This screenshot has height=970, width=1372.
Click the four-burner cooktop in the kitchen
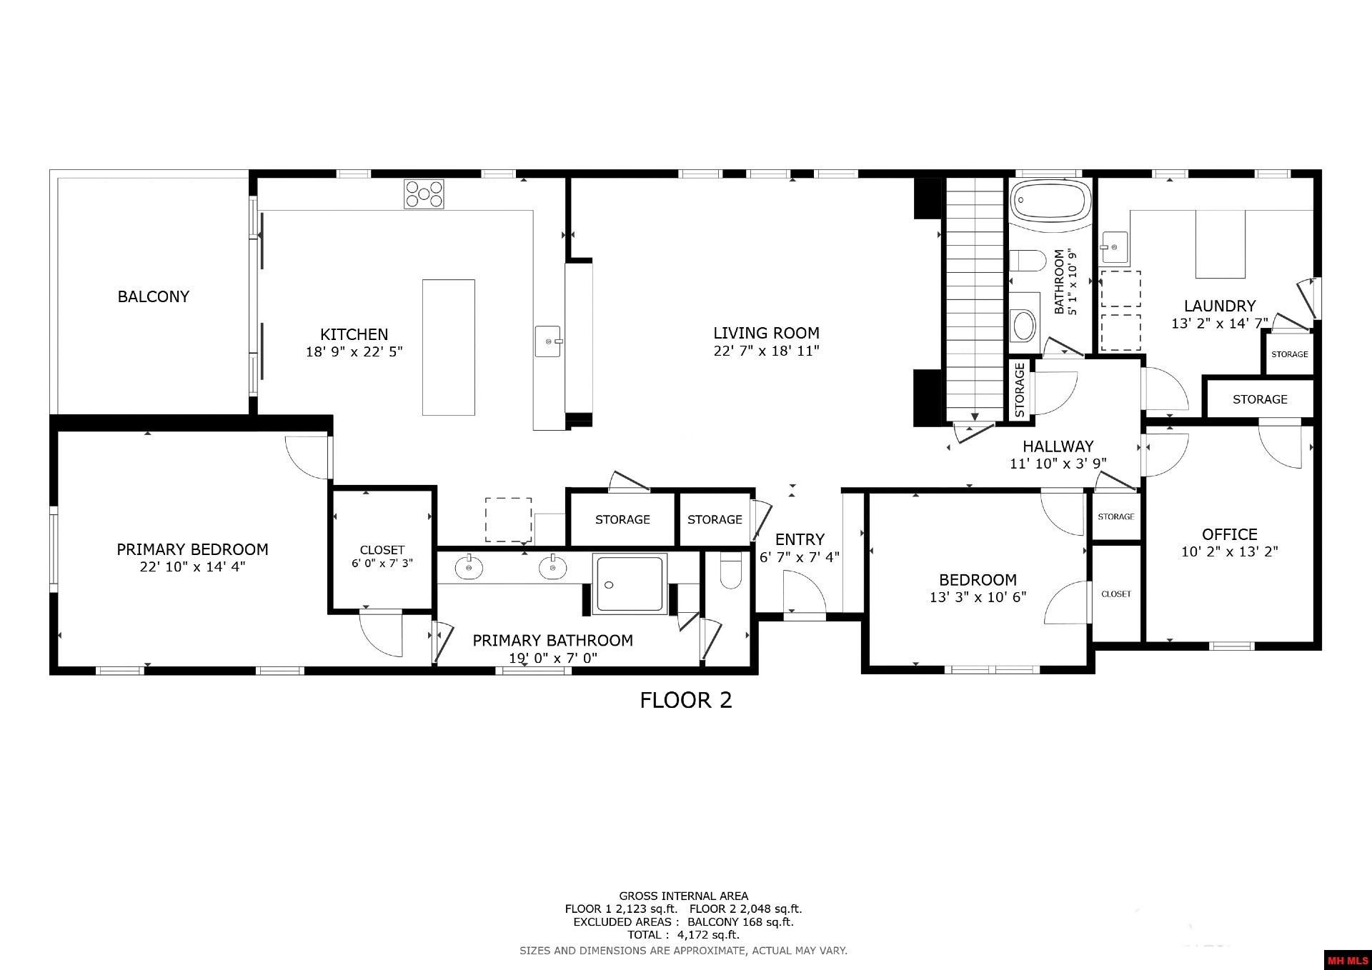pos(424,194)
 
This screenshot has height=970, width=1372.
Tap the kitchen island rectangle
pos(448,347)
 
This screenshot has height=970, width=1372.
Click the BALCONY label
pos(153,296)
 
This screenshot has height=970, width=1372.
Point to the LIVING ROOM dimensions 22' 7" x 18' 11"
pos(766,351)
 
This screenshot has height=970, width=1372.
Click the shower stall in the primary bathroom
pos(630,584)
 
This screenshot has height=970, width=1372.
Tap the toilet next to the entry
pos(730,571)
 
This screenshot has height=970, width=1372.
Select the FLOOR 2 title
pos(685,700)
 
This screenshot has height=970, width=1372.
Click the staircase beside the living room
pos(975,300)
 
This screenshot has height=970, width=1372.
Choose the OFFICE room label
pos(1229,534)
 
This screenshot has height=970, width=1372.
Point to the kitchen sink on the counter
pos(549,341)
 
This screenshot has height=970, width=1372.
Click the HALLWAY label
pos(1058,446)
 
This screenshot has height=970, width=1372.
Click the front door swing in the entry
pos(805,595)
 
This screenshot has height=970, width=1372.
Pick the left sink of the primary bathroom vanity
pos(469,568)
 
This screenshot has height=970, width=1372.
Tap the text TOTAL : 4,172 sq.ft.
pos(683,934)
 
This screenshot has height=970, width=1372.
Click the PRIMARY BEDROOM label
pos(192,549)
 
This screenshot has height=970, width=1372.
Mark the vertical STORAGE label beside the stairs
pos(1019,389)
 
